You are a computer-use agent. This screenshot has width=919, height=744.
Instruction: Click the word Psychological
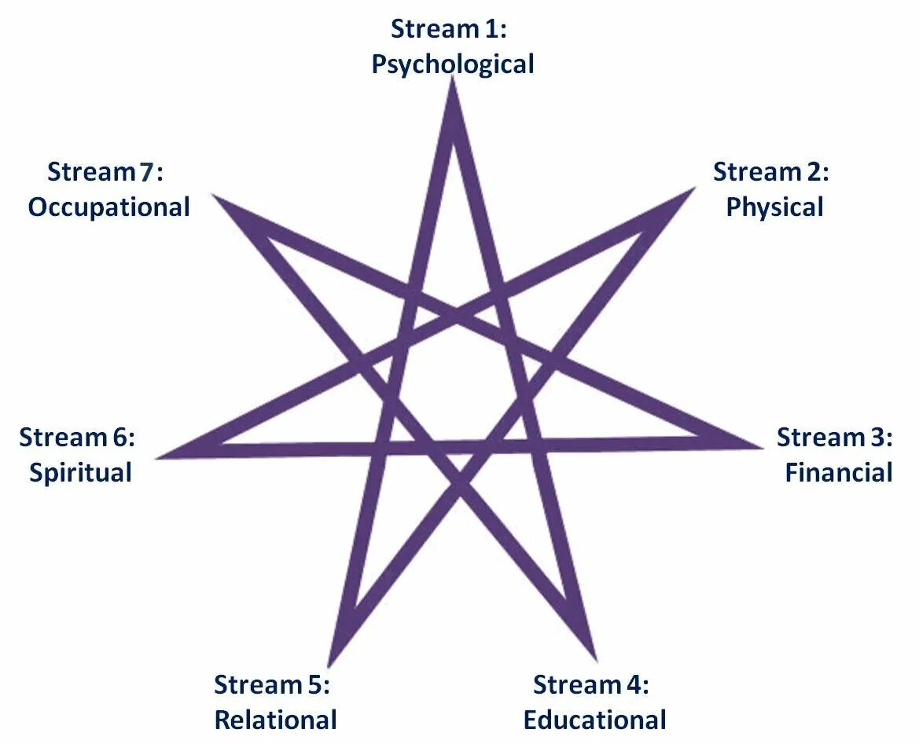[x=453, y=64]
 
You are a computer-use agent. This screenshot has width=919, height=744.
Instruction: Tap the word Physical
[x=774, y=207]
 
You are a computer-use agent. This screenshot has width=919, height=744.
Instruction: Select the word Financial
[x=838, y=473]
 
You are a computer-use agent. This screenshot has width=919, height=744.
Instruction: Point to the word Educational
[x=594, y=720]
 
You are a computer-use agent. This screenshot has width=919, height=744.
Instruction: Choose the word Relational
[x=275, y=720]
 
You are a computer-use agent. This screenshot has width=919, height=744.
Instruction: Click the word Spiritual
[x=80, y=473]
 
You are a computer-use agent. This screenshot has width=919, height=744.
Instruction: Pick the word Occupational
[x=109, y=207]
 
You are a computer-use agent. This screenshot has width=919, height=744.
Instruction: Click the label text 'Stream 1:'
[x=450, y=29]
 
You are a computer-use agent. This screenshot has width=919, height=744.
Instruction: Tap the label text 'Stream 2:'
[x=770, y=172]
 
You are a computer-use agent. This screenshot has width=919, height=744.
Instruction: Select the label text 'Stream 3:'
[x=834, y=438]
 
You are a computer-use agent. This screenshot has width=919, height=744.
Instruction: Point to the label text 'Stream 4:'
[x=590, y=684]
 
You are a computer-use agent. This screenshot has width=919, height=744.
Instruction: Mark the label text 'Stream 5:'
[x=271, y=684]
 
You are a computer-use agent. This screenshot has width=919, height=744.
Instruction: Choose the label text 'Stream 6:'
[x=77, y=438]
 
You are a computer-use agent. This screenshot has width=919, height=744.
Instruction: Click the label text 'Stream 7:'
[x=105, y=172]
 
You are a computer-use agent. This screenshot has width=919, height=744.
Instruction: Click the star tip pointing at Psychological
[x=452, y=85]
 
